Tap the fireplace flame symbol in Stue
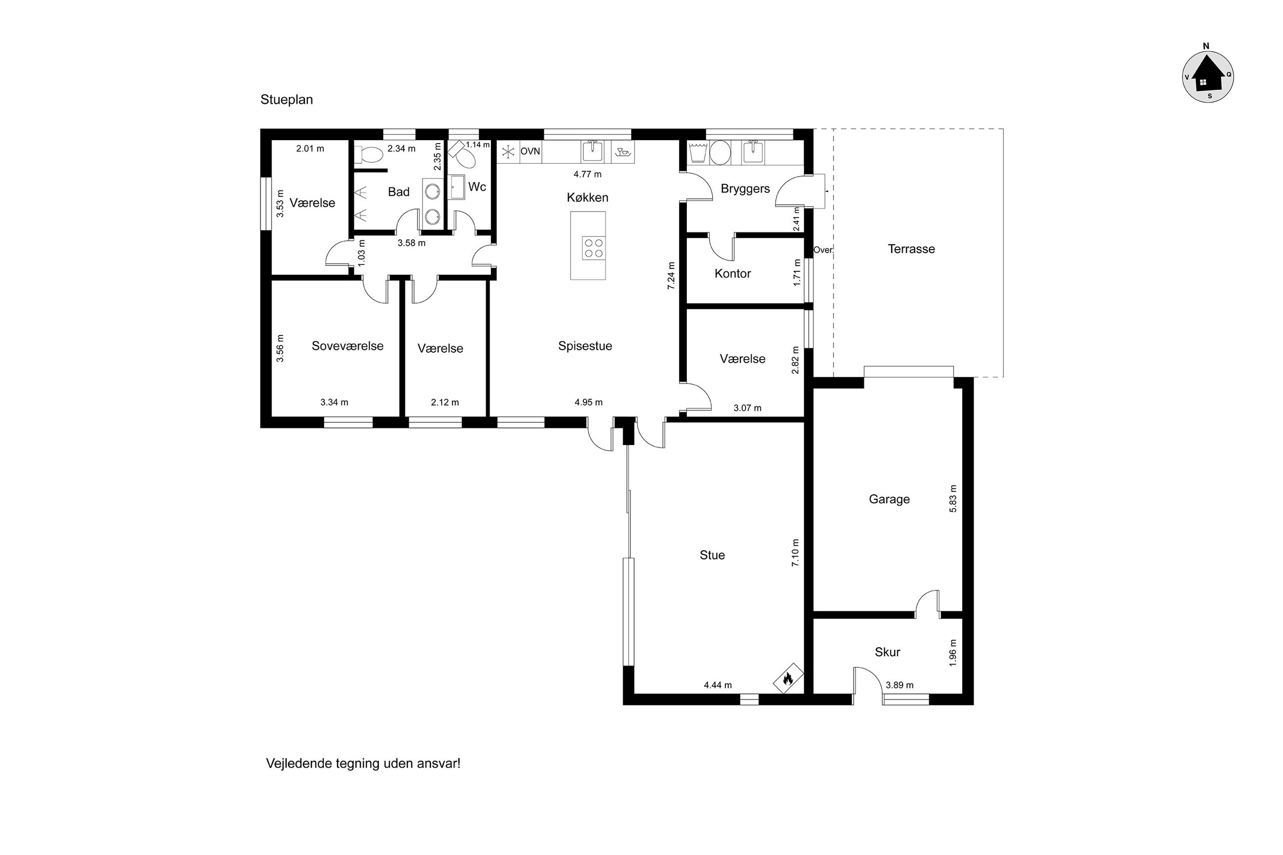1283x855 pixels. click(x=788, y=679)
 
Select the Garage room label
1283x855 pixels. click(x=889, y=499)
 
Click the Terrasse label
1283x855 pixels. click(x=910, y=249)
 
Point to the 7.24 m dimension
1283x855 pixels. click(x=671, y=275)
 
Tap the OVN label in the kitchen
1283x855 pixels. click(x=530, y=151)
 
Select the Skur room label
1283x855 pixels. click(x=887, y=652)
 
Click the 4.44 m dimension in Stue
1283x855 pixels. click(x=717, y=685)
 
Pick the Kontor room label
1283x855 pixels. click(x=732, y=273)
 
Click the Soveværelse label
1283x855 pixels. click(x=347, y=346)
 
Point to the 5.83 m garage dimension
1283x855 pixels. click(x=952, y=498)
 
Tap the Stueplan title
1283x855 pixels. click(x=286, y=100)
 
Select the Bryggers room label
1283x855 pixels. click(x=745, y=188)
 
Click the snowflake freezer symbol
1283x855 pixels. click(x=508, y=151)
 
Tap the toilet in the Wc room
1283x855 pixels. click(x=463, y=156)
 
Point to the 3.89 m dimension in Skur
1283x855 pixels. click(x=899, y=685)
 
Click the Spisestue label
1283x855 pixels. click(x=585, y=346)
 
